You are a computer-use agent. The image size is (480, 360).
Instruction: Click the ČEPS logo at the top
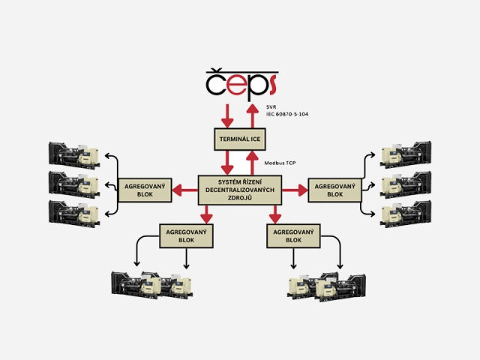[x=240, y=83]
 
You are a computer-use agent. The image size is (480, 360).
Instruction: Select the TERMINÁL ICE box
[x=240, y=138]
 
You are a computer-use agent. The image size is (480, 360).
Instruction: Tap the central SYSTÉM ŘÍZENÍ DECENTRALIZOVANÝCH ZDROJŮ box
[x=239, y=188]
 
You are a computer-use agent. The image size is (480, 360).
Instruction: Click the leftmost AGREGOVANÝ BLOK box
[x=144, y=189]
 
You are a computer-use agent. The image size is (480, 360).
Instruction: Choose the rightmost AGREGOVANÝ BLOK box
[x=334, y=189]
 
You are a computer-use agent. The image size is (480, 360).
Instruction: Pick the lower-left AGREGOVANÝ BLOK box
[x=187, y=235]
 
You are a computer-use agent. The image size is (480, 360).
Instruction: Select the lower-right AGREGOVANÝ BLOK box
[x=294, y=235]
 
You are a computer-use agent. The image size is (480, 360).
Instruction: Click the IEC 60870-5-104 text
[x=287, y=114]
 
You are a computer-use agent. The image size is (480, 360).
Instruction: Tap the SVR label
[x=271, y=107]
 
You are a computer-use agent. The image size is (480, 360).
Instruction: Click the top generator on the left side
[x=74, y=154]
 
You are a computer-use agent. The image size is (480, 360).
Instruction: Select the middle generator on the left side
[x=74, y=182]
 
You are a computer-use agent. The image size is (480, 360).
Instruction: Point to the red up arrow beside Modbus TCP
[x=253, y=163]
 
